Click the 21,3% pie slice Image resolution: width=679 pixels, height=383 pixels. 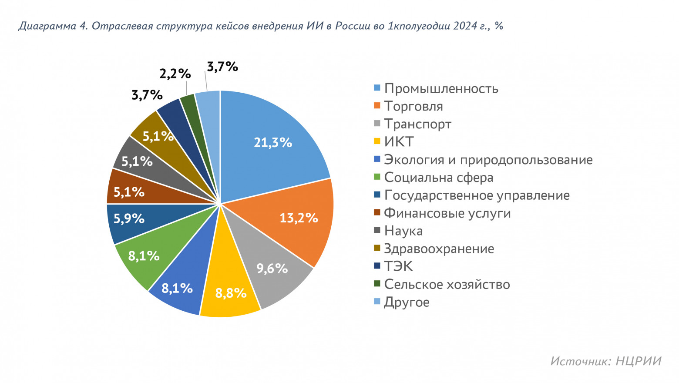[270, 139]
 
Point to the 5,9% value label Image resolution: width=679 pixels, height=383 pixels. [129, 218]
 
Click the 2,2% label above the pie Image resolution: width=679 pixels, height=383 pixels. [175, 74]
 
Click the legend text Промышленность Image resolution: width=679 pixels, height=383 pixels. [441, 89]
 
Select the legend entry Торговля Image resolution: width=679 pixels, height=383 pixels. [413, 107]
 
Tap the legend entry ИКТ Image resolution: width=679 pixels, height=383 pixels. [399, 142]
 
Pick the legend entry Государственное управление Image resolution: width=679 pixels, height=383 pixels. [477, 195]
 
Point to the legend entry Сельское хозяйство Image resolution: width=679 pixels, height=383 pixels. [447, 285]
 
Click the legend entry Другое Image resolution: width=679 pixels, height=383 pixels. [407, 302]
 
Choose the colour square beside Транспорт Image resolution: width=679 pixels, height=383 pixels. [377, 124]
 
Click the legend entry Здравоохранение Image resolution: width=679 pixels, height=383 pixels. [439, 249]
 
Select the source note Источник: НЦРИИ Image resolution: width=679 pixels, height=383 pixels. [605, 361]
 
